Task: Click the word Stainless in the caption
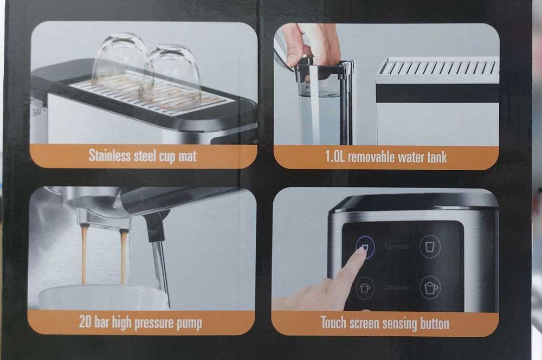[x=109, y=155]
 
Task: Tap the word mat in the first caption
[x=188, y=156]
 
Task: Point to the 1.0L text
[x=335, y=157]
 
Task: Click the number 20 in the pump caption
[x=85, y=322]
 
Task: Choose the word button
[x=435, y=324]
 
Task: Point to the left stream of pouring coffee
[x=84, y=254]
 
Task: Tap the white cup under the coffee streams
[x=104, y=298]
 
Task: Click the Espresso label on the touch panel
[x=396, y=246]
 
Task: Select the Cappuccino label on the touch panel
[x=397, y=287]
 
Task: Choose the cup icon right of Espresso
[x=430, y=246]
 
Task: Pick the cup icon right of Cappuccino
[x=430, y=287]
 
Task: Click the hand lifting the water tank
[x=311, y=43]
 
